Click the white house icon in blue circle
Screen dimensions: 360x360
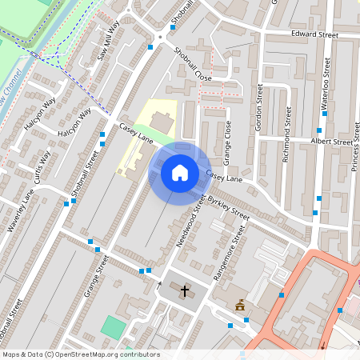pyautogui.click(x=179, y=172)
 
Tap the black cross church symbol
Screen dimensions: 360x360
pyautogui.click(x=186, y=290)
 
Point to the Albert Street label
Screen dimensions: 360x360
pyautogui.click(x=330, y=142)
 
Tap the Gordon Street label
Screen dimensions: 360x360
pyautogui.click(x=259, y=105)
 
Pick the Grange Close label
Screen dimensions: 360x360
pyautogui.click(x=228, y=136)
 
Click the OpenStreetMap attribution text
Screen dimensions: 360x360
pyautogui.click(x=81, y=354)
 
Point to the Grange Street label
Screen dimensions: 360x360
pyautogui.click(x=96, y=277)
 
